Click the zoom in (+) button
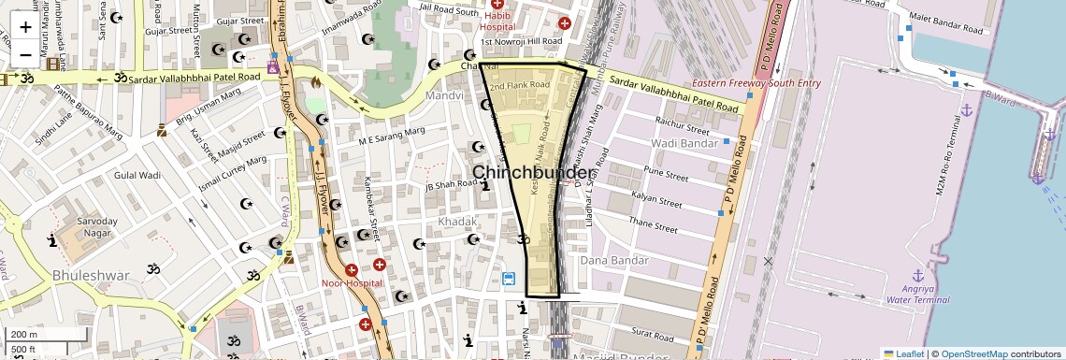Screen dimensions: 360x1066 (25, 28)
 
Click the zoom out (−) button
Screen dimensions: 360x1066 (25, 54)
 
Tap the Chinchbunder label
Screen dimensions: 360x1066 (531, 173)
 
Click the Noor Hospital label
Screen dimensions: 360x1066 (352, 282)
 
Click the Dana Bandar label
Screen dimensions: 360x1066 (614, 260)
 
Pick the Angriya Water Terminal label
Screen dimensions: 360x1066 (917, 294)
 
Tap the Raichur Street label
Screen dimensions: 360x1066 (682, 123)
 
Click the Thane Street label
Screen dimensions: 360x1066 (652, 225)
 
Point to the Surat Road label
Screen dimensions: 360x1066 (653, 332)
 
